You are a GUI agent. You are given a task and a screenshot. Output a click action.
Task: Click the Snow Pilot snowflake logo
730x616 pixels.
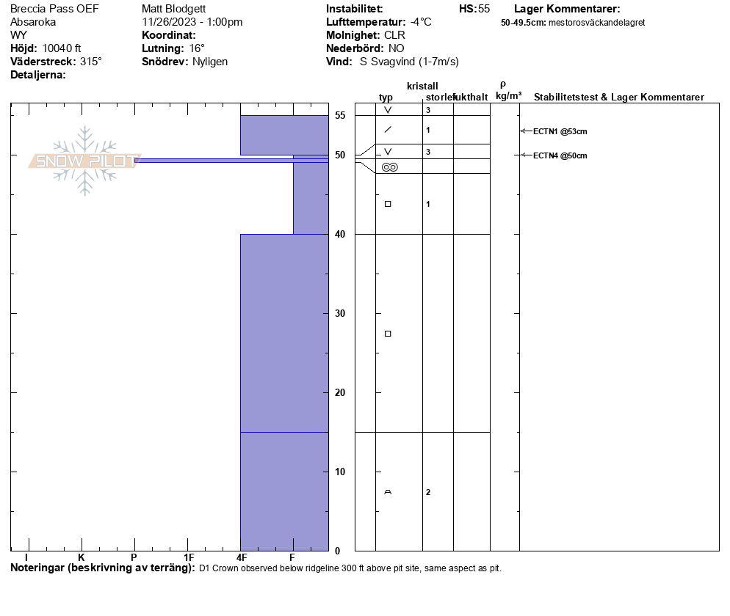point(85,161)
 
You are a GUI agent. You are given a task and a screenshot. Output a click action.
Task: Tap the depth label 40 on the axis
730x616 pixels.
point(340,234)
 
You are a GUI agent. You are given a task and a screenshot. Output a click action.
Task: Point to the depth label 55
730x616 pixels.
point(340,115)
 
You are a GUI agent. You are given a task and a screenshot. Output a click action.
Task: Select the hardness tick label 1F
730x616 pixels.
point(189,558)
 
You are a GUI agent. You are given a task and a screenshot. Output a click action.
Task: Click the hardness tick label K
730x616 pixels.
point(82,558)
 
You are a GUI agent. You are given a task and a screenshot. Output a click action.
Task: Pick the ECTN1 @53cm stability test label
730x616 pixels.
point(560,132)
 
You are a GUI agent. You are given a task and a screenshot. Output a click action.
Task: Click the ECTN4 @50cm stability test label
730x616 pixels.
point(560,155)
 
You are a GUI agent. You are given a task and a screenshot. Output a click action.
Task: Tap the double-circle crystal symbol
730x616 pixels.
point(389,167)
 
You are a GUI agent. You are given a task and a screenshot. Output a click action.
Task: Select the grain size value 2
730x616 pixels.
point(428,492)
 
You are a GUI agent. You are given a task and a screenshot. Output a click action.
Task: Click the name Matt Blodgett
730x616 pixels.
point(175,9)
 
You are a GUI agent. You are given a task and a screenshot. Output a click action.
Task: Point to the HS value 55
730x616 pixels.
point(484,9)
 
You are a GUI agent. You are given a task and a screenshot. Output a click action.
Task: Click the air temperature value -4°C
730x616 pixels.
point(421,22)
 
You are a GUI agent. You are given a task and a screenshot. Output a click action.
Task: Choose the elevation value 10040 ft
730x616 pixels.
point(62,48)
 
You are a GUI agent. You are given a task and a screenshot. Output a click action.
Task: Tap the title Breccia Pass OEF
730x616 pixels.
point(54,9)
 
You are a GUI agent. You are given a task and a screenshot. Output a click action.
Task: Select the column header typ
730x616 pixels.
point(386,98)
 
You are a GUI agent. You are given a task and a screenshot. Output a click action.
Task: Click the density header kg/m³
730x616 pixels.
point(508,96)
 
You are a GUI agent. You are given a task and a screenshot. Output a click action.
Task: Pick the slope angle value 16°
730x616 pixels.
point(197,48)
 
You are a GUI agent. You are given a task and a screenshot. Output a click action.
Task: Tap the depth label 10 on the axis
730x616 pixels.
point(340,472)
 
